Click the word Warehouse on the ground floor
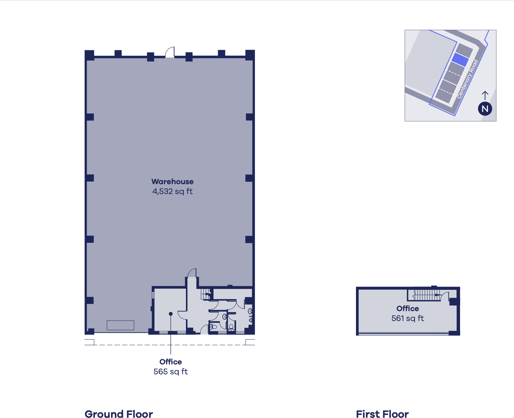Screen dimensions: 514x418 [172, 181]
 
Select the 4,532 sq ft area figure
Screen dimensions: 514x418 [172, 191]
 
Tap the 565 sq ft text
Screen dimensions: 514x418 [171, 372]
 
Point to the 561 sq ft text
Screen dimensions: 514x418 [408, 318]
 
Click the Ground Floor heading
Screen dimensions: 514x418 [119, 414]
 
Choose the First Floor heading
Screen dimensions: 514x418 [382, 414]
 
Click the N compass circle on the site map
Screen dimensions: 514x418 [485, 109]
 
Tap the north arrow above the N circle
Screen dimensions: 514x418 [485, 96]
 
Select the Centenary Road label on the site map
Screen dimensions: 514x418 [468, 79]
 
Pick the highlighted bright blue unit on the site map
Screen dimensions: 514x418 [460, 60]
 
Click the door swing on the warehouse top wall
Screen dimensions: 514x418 [170, 52]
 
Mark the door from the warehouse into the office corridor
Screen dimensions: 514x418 [192, 273]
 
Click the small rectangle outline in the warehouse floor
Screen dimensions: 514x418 [120, 325]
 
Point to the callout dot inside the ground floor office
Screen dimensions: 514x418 [171, 314]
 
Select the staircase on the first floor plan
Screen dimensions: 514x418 [426, 295]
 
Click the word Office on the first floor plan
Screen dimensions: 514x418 [408, 308]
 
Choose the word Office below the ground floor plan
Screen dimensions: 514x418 [171, 362]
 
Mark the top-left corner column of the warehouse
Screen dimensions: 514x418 [89, 55]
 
